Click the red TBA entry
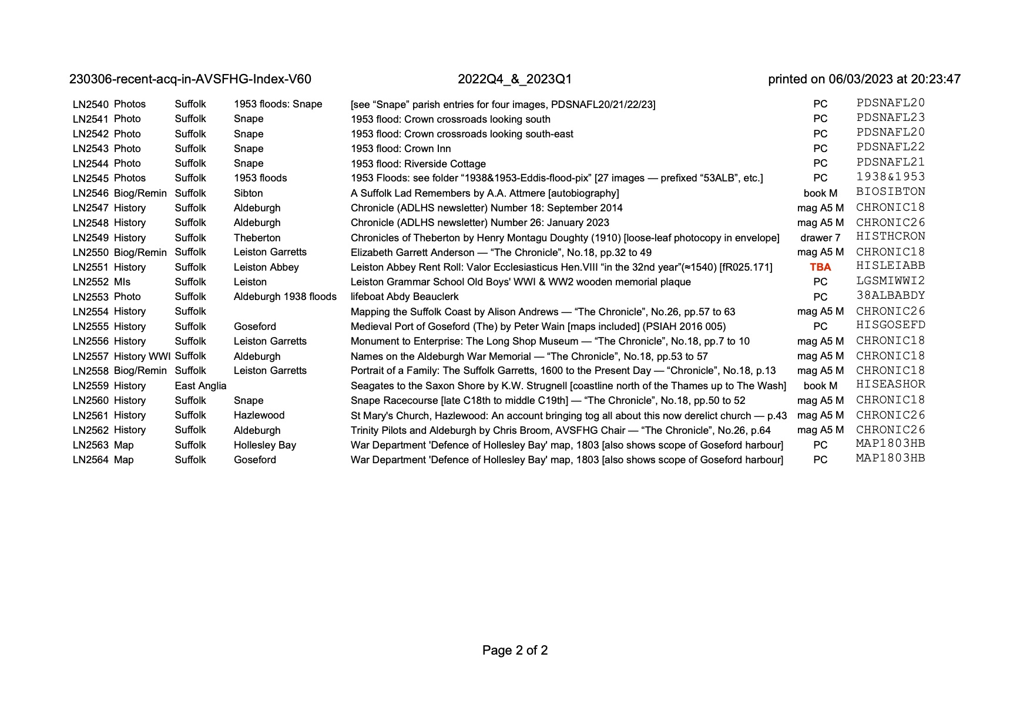point(820,267)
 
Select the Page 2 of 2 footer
point(515,650)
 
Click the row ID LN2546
point(90,193)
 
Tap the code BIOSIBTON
point(890,192)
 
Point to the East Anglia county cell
point(200,386)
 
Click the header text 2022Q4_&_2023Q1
point(515,79)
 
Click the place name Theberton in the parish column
point(257,238)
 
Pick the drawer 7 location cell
point(820,238)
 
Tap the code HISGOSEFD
point(890,325)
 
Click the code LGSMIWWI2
point(890,281)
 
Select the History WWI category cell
point(142,356)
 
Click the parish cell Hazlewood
point(259,415)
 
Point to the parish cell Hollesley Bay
point(264,445)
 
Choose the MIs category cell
point(122,282)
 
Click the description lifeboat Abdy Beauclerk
point(404,296)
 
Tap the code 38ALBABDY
point(890,295)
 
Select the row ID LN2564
point(90,460)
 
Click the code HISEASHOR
point(890,385)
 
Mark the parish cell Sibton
point(248,193)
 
